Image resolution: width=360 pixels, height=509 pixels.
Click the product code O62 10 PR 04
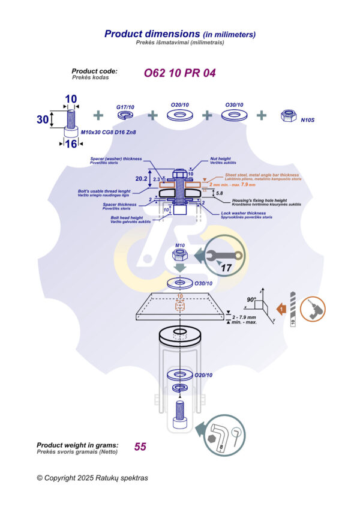tap(179, 73)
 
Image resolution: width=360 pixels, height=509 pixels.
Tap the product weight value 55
tap(140, 447)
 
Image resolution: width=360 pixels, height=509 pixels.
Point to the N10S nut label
tap(308, 120)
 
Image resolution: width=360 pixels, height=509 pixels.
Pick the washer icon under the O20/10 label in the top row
tap(179, 115)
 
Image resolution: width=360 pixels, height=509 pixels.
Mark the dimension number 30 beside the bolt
tap(42, 119)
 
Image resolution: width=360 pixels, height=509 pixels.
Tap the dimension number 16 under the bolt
tap(71, 144)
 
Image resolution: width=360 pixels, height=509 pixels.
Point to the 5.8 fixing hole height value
tap(220, 193)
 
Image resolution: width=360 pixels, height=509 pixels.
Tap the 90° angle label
tap(251, 299)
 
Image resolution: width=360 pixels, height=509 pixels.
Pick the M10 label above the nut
tap(180, 245)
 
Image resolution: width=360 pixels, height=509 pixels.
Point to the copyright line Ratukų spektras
tap(92, 478)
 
